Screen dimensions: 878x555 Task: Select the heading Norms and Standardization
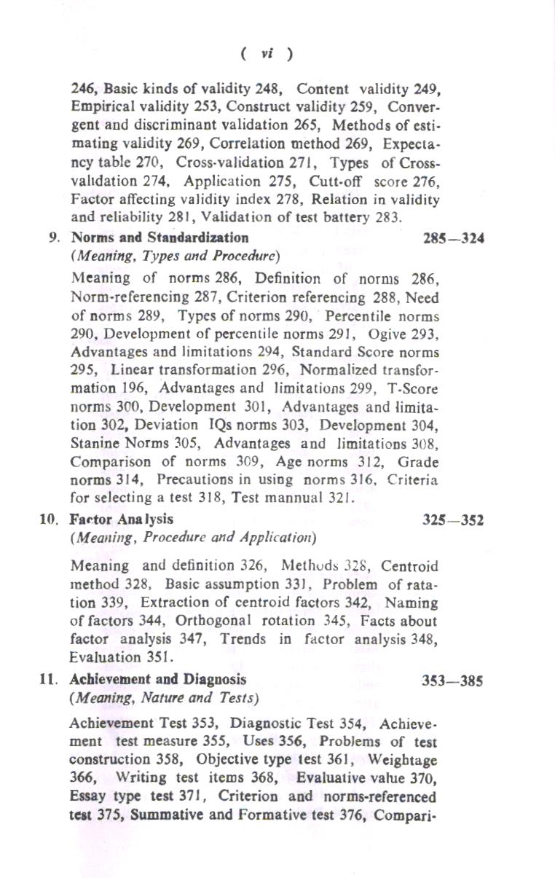pyautogui.click(x=160, y=238)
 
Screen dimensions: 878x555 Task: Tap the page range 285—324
pyautogui.click(x=454, y=238)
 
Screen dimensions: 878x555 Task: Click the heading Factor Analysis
pyautogui.click(x=122, y=520)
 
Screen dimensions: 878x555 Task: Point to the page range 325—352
pyautogui.click(x=454, y=520)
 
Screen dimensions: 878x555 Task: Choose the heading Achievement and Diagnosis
pyautogui.click(x=157, y=679)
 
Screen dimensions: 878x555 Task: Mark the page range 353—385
pyautogui.click(x=454, y=681)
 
